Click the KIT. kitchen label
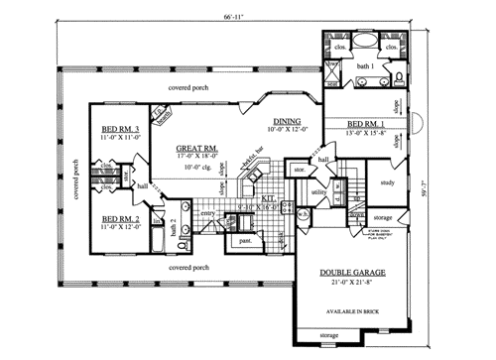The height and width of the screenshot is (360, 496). click(268, 199)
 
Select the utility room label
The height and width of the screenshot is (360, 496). click(318, 191)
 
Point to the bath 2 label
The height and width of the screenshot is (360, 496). click(174, 231)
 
